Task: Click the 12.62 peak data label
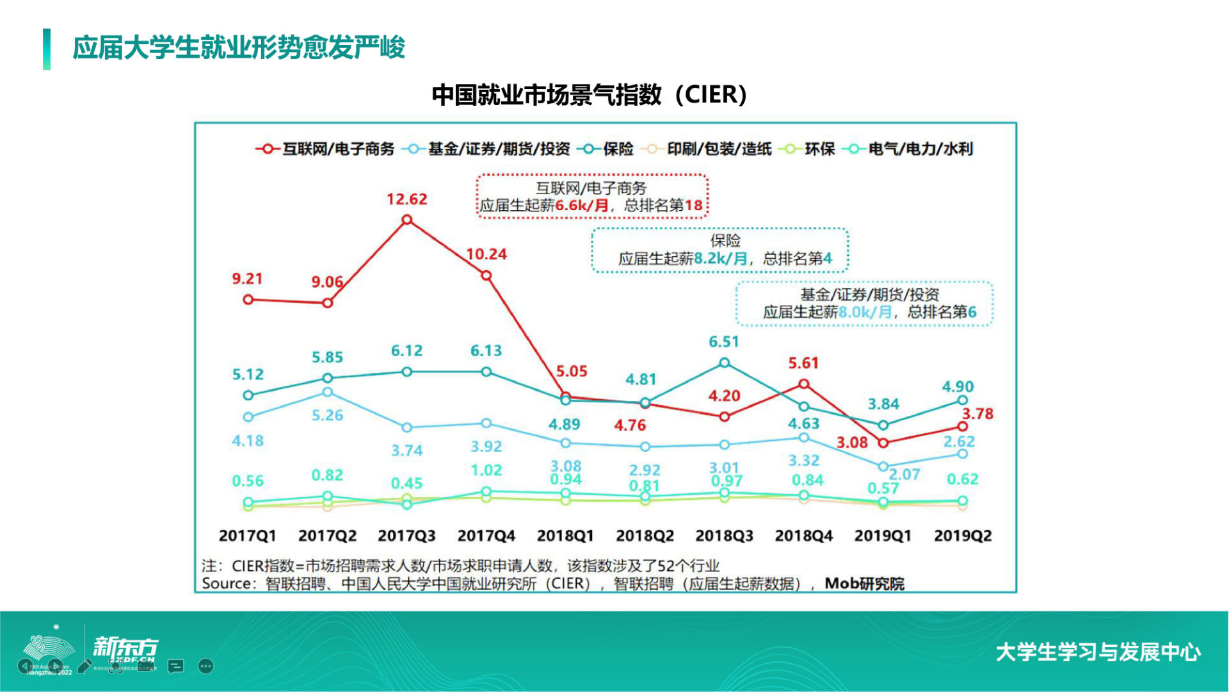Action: click(x=406, y=199)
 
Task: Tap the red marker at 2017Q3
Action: click(x=406, y=220)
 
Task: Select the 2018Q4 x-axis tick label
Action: click(x=803, y=536)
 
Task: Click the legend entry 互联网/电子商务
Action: click(x=338, y=149)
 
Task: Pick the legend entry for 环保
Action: click(x=819, y=149)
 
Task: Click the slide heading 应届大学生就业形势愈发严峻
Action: click(x=239, y=48)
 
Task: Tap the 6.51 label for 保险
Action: click(x=723, y=342)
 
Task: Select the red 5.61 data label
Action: click(x=803, y=363)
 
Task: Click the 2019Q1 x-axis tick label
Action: click(x=883, y=536)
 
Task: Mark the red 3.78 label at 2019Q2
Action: click(x=977, y=414)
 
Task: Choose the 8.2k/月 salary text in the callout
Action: click(x=720, y=259)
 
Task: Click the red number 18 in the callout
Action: click(x=694, y=206)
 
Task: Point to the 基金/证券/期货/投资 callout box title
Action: click(x=869, y=295)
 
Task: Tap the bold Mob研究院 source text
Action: click(x=864, y=584)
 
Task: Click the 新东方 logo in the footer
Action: click(x=125, y=647)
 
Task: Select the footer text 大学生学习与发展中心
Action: click(x=1098, y=652)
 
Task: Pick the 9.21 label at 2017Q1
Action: click(x=247, y=279)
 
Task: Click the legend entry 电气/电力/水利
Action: click(x=920, y=149)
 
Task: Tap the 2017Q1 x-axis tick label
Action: click(x=247, y=536)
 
